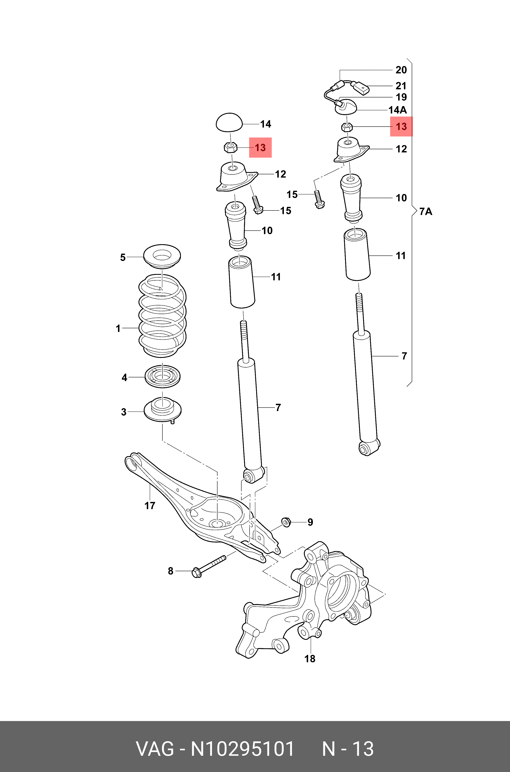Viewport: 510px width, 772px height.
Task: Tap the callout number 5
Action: tap(123, 257)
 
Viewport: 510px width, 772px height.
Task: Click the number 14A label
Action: tap(398, 110)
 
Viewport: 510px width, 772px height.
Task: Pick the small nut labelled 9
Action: tap(286, 522)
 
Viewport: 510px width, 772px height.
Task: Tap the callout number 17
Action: tap(150, 505)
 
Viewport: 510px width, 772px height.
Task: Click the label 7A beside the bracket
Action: tap(426, 212)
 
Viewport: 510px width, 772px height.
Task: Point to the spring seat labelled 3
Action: tap(163, 411)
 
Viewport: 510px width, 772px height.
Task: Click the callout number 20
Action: tap(401, 70)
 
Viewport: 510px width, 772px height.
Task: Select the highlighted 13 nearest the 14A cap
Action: tap(401, 126)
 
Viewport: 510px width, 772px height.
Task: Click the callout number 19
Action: tap(401, 97)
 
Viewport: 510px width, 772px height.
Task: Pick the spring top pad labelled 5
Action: tap(162, 256)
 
